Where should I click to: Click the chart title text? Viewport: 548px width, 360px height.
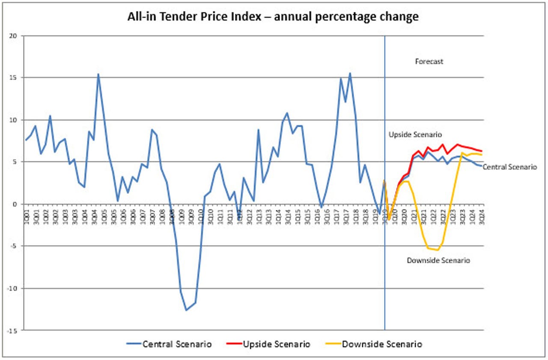tap(273, 17)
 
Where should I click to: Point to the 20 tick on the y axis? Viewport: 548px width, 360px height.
tap(18, 36)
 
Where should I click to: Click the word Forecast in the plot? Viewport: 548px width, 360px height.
tap(429, 62)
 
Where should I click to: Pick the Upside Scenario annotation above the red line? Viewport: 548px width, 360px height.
tap(414, 135)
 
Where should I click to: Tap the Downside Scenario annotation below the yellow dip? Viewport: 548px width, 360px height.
tap(438, 260)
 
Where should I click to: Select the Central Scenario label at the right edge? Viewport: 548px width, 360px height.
tap(509, 167)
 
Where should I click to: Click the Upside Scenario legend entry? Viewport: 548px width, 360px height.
tap(277, 344)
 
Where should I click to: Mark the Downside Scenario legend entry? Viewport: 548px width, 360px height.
tap(382, 344)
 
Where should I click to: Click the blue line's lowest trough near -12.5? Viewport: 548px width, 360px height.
tap(186, 310)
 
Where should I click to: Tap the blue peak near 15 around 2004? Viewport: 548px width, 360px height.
tap(98, 74)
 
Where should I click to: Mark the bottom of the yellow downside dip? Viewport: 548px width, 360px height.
tap(438, 250)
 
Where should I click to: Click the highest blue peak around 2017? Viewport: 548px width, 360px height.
tap(350, 73)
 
